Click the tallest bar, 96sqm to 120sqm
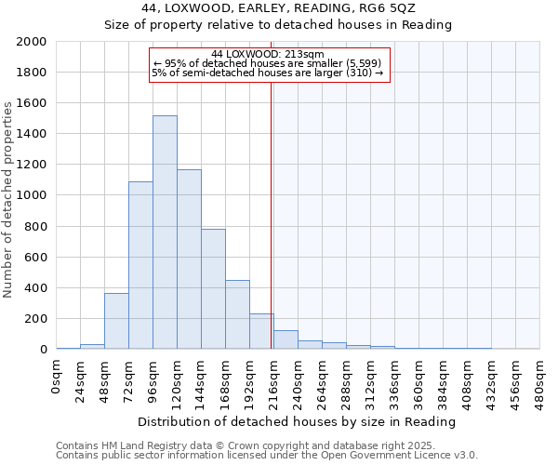165,232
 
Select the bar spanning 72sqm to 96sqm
140,265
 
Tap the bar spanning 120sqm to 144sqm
189,259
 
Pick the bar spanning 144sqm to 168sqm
213,289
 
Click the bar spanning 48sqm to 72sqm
116,321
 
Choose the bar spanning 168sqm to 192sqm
237,314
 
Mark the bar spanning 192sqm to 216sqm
261,331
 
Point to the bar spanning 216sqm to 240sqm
286,339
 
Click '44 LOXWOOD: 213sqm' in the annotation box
268,54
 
